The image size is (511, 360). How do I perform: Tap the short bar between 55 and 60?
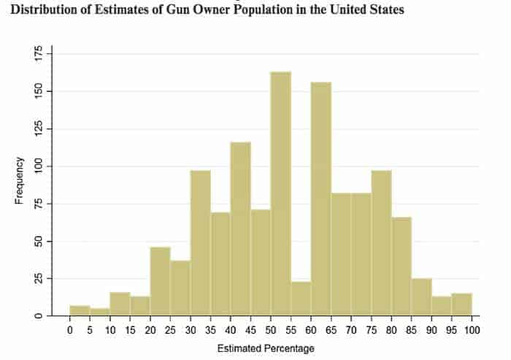click(x=301, y=299)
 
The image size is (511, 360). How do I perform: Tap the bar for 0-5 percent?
click(x=80, y=310)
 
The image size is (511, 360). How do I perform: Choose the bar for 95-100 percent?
click(x=461, y=305)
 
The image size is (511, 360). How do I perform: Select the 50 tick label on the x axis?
click(x=271, y=329)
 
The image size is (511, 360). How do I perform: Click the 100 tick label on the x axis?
click(x=471, y=329)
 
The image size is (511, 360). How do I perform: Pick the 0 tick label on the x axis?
click(x=70, y=329)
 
